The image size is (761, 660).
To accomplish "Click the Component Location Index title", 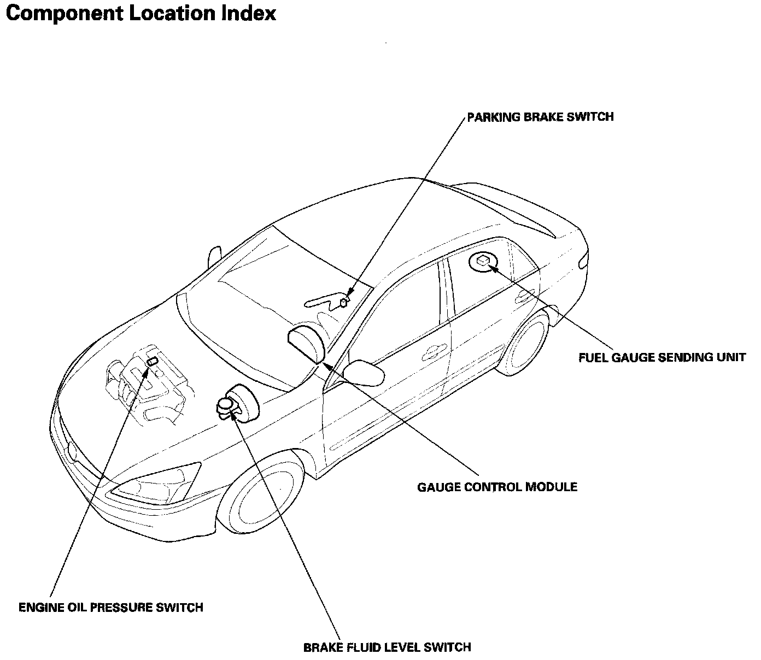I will tap(141, 14).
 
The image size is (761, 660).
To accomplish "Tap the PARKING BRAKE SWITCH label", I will tap(540, 117).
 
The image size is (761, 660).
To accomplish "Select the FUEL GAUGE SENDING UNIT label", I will tap(662, 358).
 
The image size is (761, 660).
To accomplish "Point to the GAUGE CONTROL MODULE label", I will tap(497, 486).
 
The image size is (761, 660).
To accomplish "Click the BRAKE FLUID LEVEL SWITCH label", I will tap(387, 647).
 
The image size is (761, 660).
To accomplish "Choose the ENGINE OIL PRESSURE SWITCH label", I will tap(111, 607).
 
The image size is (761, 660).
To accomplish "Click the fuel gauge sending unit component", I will tap(483, 262).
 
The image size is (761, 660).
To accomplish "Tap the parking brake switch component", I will tap(344, 301).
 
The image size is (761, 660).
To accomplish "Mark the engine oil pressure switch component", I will tap(151, 361).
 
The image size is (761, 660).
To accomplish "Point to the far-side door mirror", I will tap(214, 256).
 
